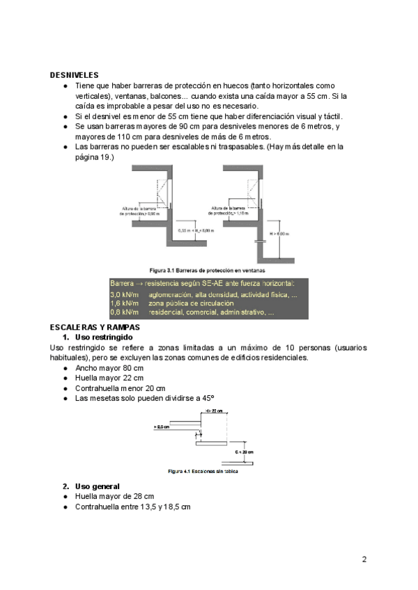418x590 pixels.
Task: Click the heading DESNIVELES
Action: [x=74, y=74]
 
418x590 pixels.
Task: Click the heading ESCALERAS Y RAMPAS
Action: [x=95, y=326]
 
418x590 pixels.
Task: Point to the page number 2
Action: [x=364, y=559]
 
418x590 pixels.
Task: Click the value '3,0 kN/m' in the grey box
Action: [x=125, y=294]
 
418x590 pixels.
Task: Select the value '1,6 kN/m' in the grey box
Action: [x=125, y=303]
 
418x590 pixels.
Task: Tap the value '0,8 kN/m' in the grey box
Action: [x=125, y=312]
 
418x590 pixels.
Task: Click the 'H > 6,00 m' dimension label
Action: [x=279, y=234]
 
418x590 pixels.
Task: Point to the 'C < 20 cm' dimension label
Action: [x=245, y=452]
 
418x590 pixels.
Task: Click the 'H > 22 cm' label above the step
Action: [x=214, y=411]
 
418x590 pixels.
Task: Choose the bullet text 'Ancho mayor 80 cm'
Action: [x=109, y=367]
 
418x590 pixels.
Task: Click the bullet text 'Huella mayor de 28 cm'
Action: [x=114, y=496]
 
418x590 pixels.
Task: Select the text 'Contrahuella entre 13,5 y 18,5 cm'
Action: [x=132, y=507]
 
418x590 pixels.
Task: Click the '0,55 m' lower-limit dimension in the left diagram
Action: [x=185, y=230]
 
